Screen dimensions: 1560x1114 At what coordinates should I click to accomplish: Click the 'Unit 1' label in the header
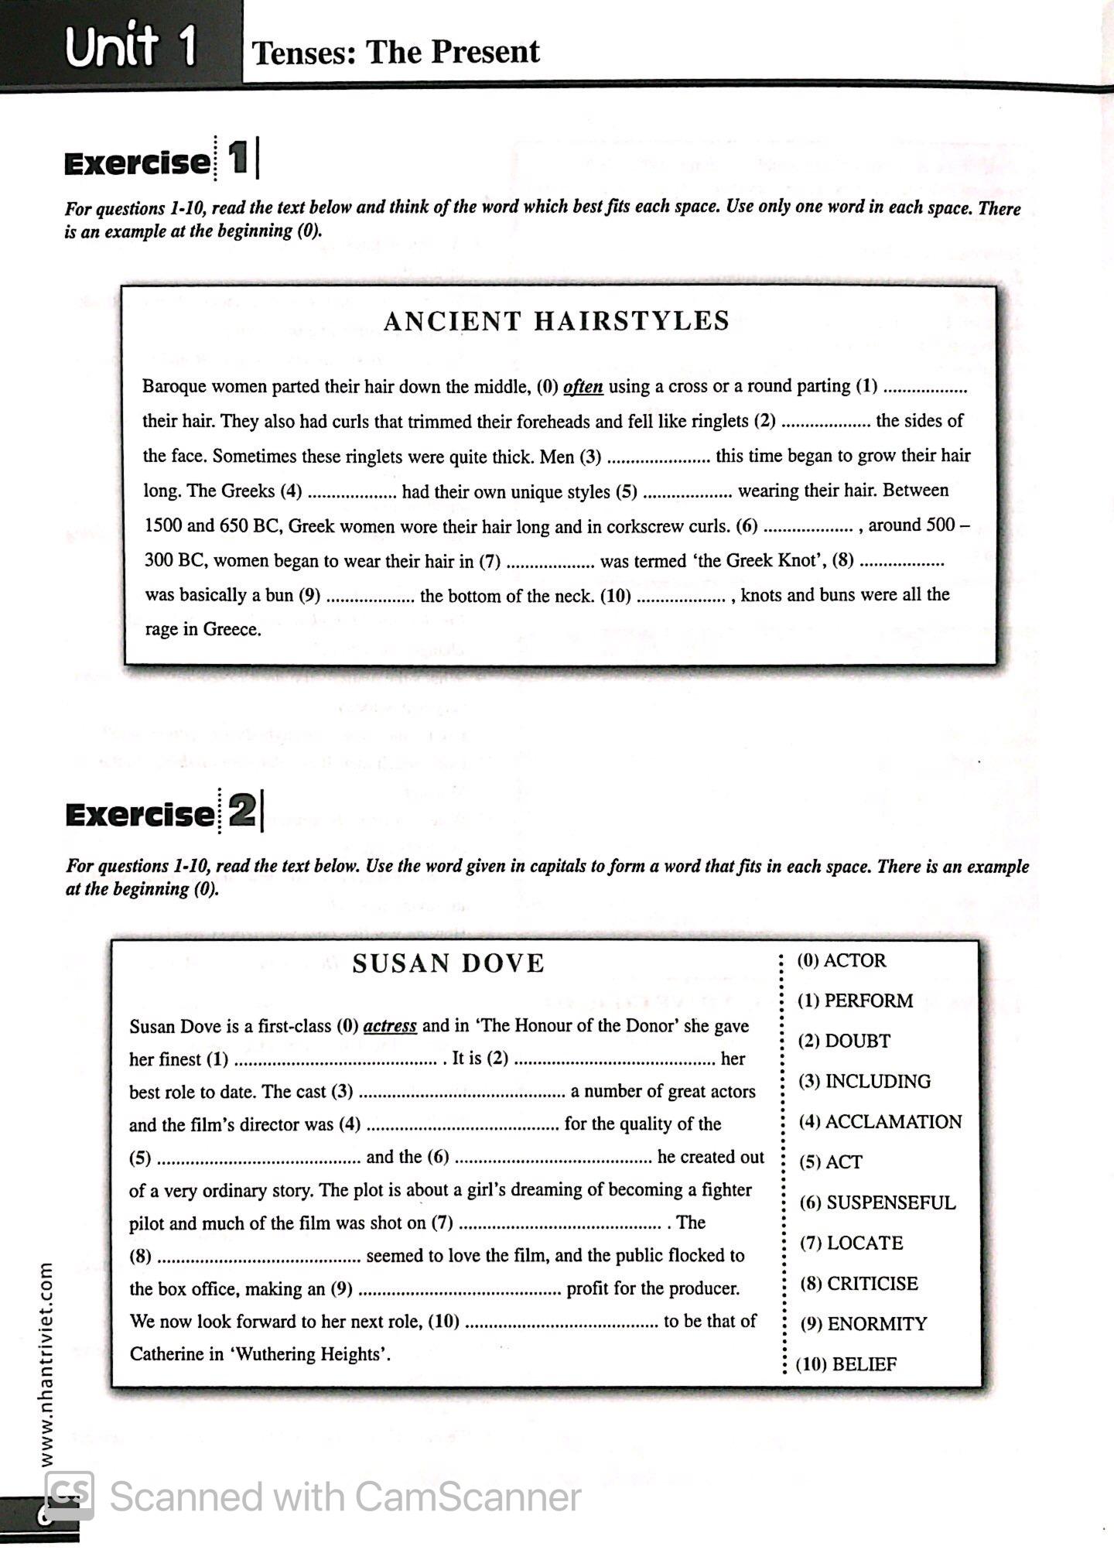point(130,46)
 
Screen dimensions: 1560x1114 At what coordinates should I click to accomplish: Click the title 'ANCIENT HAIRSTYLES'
point(556,321)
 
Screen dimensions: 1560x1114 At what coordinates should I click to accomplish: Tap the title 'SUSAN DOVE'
point(448,963)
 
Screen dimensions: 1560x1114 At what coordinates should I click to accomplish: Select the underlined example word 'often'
point(583,386)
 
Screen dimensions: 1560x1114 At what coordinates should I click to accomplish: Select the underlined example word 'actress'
point(390,1026)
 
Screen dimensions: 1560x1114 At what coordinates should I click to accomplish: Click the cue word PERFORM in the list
point(868,1001)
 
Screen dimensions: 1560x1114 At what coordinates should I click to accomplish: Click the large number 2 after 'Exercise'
point(241,812)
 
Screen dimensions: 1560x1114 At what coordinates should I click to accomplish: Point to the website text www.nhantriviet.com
point(46,1365)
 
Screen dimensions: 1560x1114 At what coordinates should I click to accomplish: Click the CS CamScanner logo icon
point(70,1494)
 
